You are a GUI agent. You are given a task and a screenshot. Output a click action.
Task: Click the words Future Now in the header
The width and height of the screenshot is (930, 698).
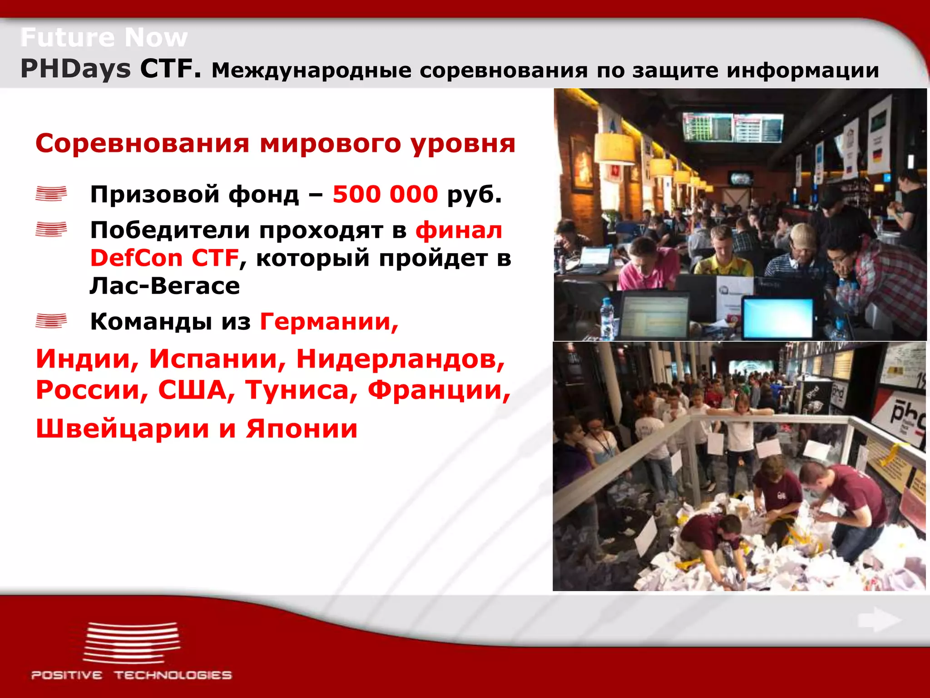click(x=104, y=37)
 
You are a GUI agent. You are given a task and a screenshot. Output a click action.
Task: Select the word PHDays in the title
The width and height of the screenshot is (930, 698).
click(x=75, y=69)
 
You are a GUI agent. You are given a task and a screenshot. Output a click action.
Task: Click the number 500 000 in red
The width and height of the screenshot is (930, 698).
click(x=385, y=194)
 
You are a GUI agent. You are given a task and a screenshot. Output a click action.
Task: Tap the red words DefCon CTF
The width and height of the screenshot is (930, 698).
click(x=164, y=258)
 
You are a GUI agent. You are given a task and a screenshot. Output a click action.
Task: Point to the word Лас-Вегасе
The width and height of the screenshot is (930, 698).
click(x=164, y=286)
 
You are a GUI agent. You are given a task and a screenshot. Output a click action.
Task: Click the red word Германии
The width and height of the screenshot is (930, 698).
click(x=329, y=322)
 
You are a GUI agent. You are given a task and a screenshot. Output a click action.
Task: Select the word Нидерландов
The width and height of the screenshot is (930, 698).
click(x=400, y=359)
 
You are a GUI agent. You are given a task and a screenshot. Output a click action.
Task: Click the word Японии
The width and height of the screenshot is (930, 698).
click(x=302, y=429)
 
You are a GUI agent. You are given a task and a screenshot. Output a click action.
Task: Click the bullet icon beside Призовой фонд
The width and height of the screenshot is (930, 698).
click(x=51, y=194)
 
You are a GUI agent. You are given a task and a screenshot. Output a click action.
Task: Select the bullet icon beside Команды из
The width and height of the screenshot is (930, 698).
click(x=51, y=321)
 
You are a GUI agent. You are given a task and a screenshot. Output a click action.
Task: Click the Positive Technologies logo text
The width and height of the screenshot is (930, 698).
click(x=131, y=675)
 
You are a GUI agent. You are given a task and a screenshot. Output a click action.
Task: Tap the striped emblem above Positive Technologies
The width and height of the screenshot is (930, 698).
click(x=131, y=643)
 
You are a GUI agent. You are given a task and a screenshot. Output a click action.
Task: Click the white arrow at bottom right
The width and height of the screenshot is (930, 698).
click(x=879, y=620)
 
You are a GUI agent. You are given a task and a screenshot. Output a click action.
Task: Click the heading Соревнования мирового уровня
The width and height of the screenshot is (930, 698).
click(x=275, y=144)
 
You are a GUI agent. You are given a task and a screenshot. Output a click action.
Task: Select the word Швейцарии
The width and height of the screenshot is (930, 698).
click(x=122, y=429)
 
